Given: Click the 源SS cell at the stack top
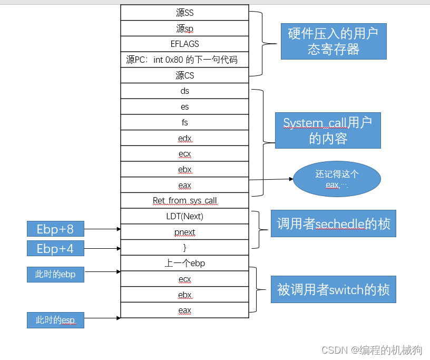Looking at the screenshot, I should click(184, 13).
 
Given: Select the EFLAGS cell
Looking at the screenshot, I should click(184, 44).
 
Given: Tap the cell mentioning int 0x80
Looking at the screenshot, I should click(184, 60).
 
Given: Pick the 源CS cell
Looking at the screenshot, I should click(184, 75).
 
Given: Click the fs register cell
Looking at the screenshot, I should click(184, 122).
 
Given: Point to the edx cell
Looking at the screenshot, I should click(184, 138).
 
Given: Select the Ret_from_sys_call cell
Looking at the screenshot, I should click(184, 200).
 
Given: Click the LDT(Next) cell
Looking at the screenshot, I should click(184, 216).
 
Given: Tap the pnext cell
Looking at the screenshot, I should click(184, 232).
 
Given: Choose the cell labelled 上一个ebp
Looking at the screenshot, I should click(184, 263).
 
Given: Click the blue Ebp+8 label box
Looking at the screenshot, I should click(55, 229).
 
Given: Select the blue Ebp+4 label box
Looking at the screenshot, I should click(55, 248).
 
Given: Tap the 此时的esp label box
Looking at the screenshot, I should click(55, 320).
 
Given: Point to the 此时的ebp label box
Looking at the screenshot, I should click(55, 274).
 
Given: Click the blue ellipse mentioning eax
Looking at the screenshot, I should click(337, 179).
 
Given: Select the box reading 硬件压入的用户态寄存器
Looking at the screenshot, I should click(334, 41).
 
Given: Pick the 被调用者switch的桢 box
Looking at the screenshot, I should click(334, 289).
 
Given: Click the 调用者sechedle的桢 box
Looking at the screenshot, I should click(334, 223).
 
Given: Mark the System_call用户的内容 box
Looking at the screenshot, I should click(328, 130).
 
